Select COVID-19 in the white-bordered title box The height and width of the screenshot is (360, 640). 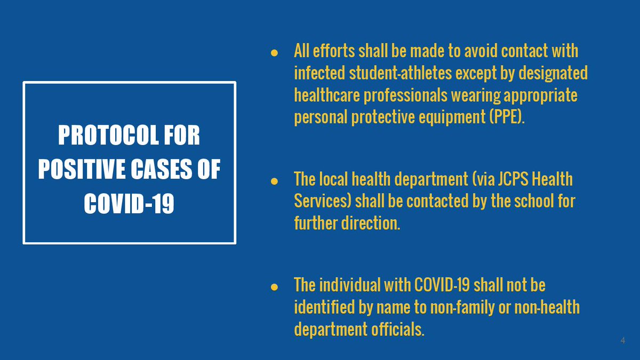click(129, 204)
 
